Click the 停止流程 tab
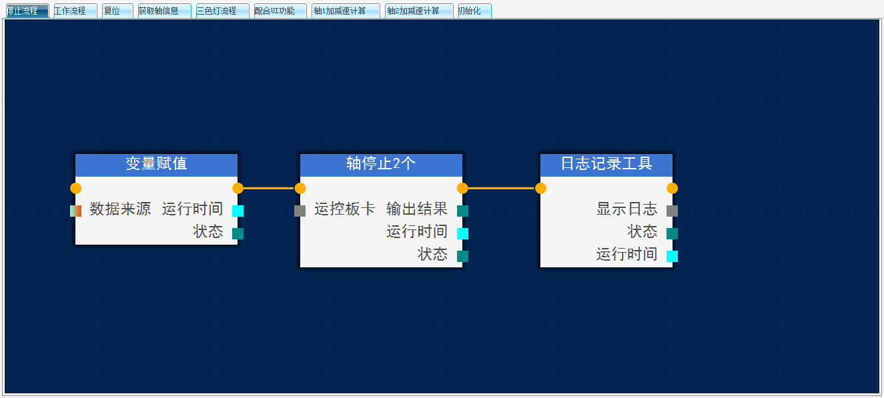[27, 11]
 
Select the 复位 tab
[117, 11]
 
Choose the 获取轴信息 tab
[164, 11]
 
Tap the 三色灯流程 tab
[222, 11]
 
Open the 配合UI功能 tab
[280, 11]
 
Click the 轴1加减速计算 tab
[345, 11]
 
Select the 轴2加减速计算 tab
[418, 11]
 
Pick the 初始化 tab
[474, 11]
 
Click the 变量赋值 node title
[156, 164]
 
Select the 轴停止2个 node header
[381, 164]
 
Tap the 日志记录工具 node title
[606, 164]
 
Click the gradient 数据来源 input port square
[75, 211]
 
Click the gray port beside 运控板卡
[300, 211]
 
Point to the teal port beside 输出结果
[462, 211]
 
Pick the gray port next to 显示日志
[672, 211]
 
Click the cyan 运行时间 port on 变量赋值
[238, 211]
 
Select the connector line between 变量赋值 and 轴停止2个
[269, 188]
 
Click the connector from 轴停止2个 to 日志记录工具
[501, 188]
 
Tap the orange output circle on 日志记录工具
[672, 188]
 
